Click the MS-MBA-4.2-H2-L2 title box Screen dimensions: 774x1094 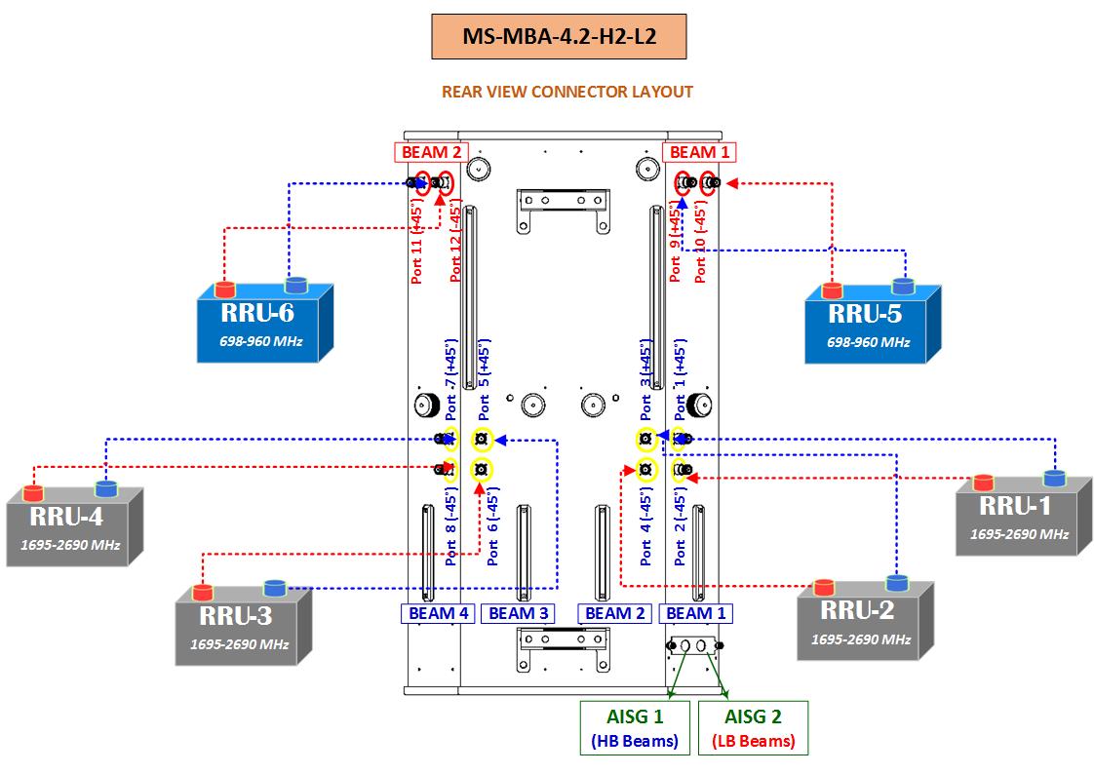coord(559,37)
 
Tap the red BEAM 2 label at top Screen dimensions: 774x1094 coord(431,152)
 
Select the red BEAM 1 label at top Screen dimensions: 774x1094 coord(698,152)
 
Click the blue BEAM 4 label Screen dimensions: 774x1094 coord(439,613)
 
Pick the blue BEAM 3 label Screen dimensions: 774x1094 coord(519,613)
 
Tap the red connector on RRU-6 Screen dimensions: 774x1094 coord(225,290)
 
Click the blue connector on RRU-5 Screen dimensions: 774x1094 coord(904,286)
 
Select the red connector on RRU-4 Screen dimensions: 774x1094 coord(34,491)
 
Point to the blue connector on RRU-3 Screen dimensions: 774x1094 coord(275,588)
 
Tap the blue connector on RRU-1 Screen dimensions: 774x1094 coord(1054,478)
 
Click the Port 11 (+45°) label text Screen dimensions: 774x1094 coord(417,244)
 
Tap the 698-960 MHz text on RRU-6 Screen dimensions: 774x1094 coord(260,342)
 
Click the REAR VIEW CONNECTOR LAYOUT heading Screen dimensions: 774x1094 coord(567,92)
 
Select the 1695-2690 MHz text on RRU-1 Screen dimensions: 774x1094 coord(1019,534)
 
